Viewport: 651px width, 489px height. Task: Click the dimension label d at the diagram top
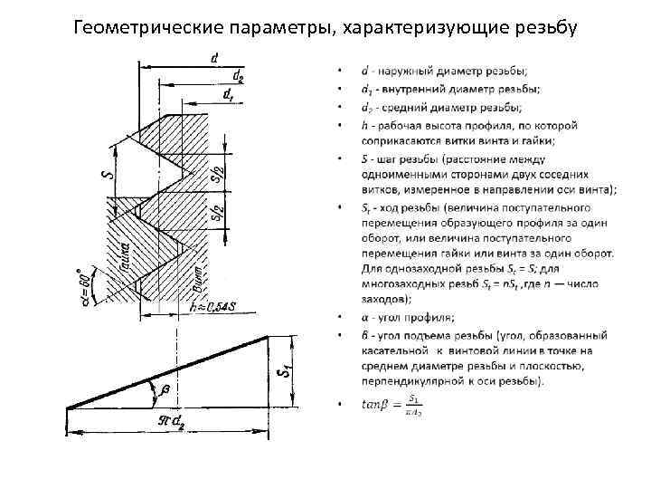click(x=213, y=58)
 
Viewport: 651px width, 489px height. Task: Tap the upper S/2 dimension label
click(x=216, y=172)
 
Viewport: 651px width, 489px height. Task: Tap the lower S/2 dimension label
click(x=216, y=215)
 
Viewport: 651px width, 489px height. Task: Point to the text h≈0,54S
click(x=213, y=308)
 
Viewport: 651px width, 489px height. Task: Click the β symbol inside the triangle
click(x=165, y=390)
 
